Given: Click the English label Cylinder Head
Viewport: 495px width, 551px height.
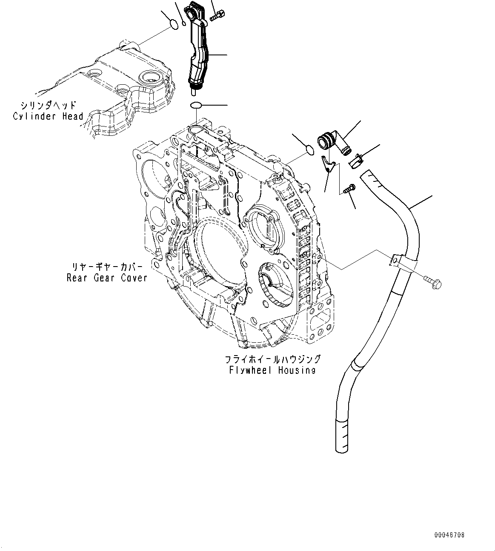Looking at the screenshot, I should click(x=48, y=116).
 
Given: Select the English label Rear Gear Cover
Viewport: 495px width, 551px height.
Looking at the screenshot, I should click(x=107, y=278).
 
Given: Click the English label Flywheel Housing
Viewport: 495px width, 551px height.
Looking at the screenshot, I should click(x=272, y=370).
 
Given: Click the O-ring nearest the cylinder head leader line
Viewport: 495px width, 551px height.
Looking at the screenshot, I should click(x=174, y=25).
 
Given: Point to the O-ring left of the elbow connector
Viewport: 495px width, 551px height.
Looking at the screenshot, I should click(x=310, y=149).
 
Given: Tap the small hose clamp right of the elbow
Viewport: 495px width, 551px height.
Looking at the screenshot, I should click(x=356, y=161).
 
